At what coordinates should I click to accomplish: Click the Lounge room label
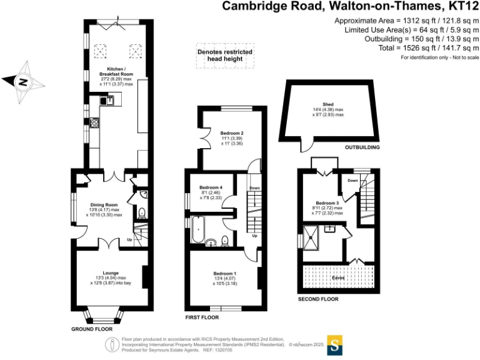click(111, 273)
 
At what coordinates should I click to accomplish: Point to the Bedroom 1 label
click(224, 274)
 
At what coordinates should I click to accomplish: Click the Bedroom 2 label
click(231, 133)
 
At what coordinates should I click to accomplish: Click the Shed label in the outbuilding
click(328, 104)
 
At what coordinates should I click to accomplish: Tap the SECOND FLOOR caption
click(319, 299)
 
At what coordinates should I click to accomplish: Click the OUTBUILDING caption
click(362, 148)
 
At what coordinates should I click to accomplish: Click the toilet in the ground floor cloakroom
click(141, 213)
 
